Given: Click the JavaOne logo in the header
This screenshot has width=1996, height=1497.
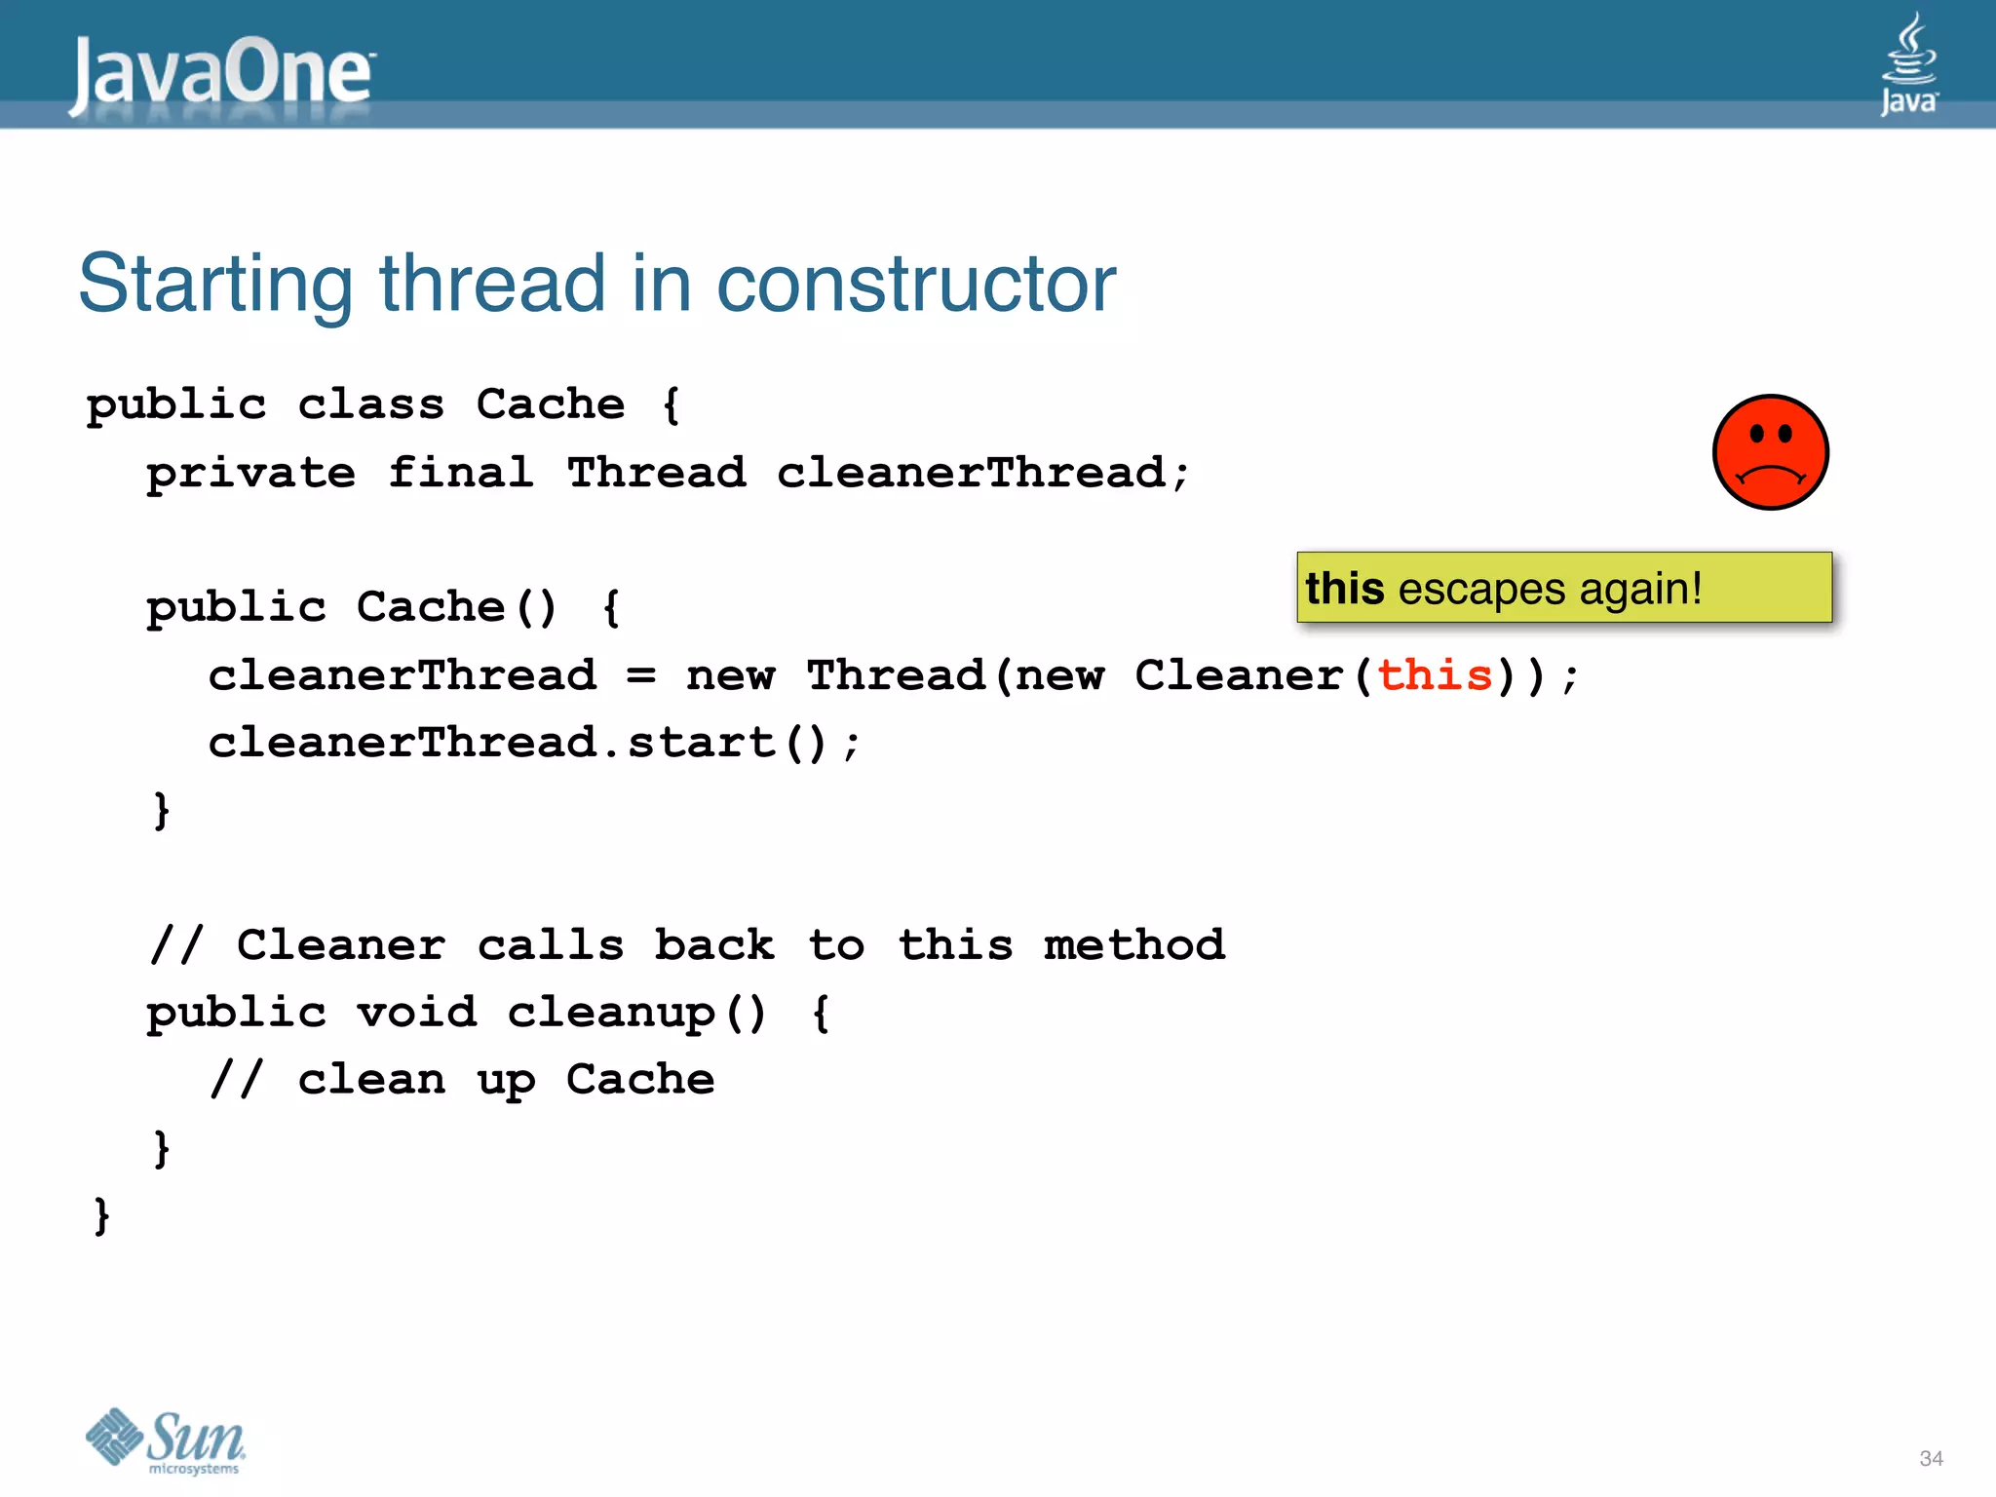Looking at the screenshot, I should tap(222, 73).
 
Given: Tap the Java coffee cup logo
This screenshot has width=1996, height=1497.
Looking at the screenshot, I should tap(1908, 63).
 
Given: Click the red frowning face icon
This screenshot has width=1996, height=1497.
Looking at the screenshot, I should tap(1770, 452).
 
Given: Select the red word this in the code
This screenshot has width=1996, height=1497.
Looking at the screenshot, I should tap(1435, 674).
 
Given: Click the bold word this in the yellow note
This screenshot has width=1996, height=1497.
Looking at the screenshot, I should tap(1344, 588).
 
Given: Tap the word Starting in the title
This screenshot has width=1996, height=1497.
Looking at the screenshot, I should tap(215, 284).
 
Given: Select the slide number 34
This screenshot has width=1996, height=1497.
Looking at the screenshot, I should tap(1931, 1458).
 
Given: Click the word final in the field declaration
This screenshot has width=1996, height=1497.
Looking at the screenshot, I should tap(460, 473).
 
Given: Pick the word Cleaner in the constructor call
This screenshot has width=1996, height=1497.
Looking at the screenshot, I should tap(1239, 674).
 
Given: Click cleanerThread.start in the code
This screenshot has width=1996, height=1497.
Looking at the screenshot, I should tap(491, 743).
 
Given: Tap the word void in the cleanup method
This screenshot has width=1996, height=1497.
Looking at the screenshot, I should tap(416, 1012).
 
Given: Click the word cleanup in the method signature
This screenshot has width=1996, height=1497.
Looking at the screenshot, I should tap(611, 1014).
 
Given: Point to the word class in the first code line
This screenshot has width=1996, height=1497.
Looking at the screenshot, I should tap(370, 403).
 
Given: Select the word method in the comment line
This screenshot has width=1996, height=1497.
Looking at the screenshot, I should tap(1133, 944).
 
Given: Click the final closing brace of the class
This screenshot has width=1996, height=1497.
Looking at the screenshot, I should tap(101, 1215).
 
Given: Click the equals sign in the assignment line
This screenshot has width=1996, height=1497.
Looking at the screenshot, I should tap(640, 674).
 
